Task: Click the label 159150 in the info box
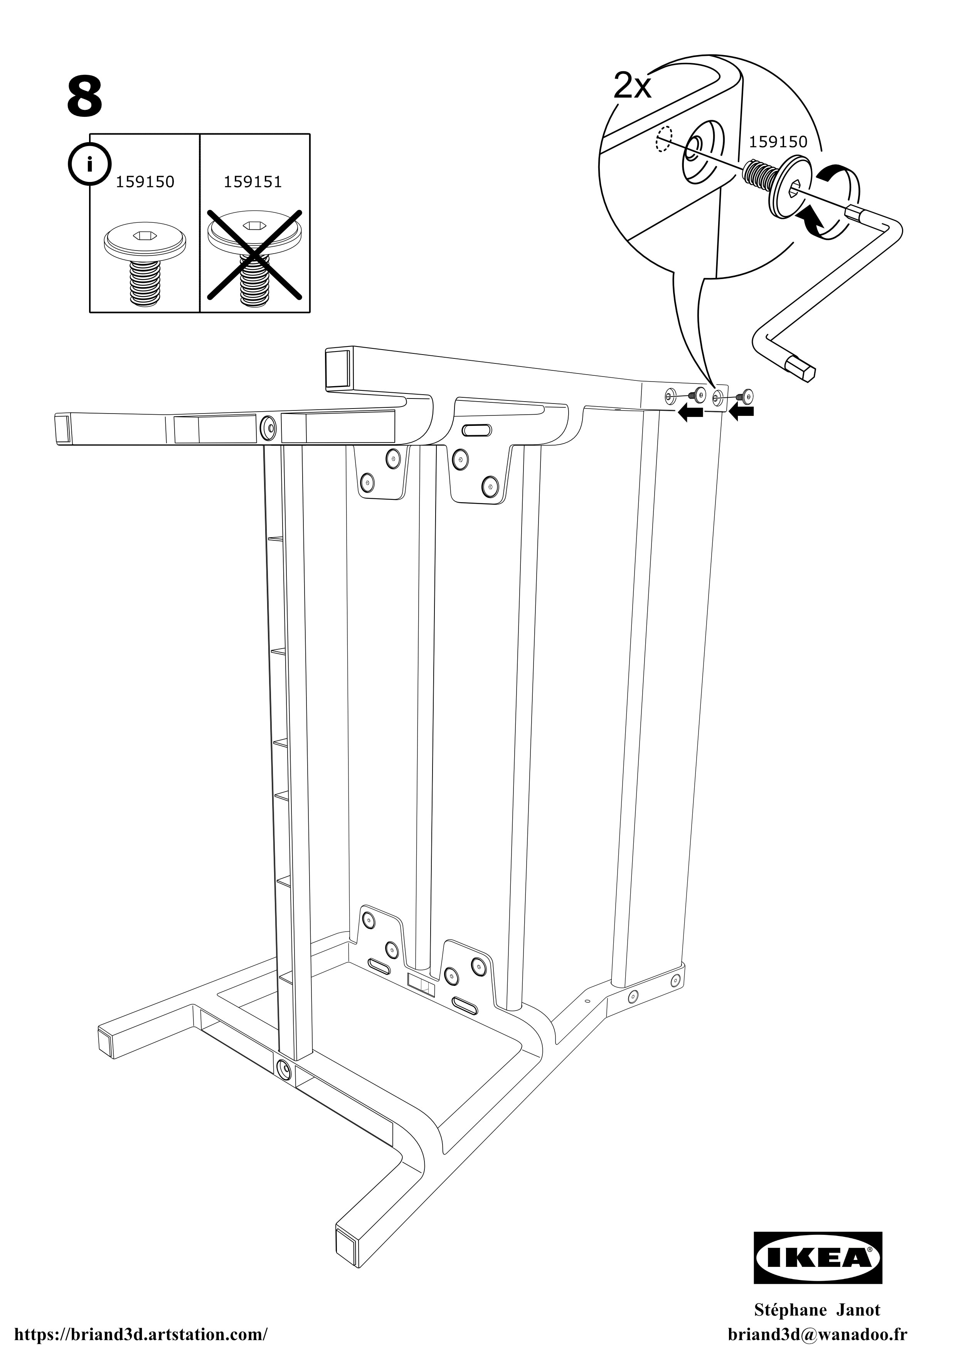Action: tap(145, 182)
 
